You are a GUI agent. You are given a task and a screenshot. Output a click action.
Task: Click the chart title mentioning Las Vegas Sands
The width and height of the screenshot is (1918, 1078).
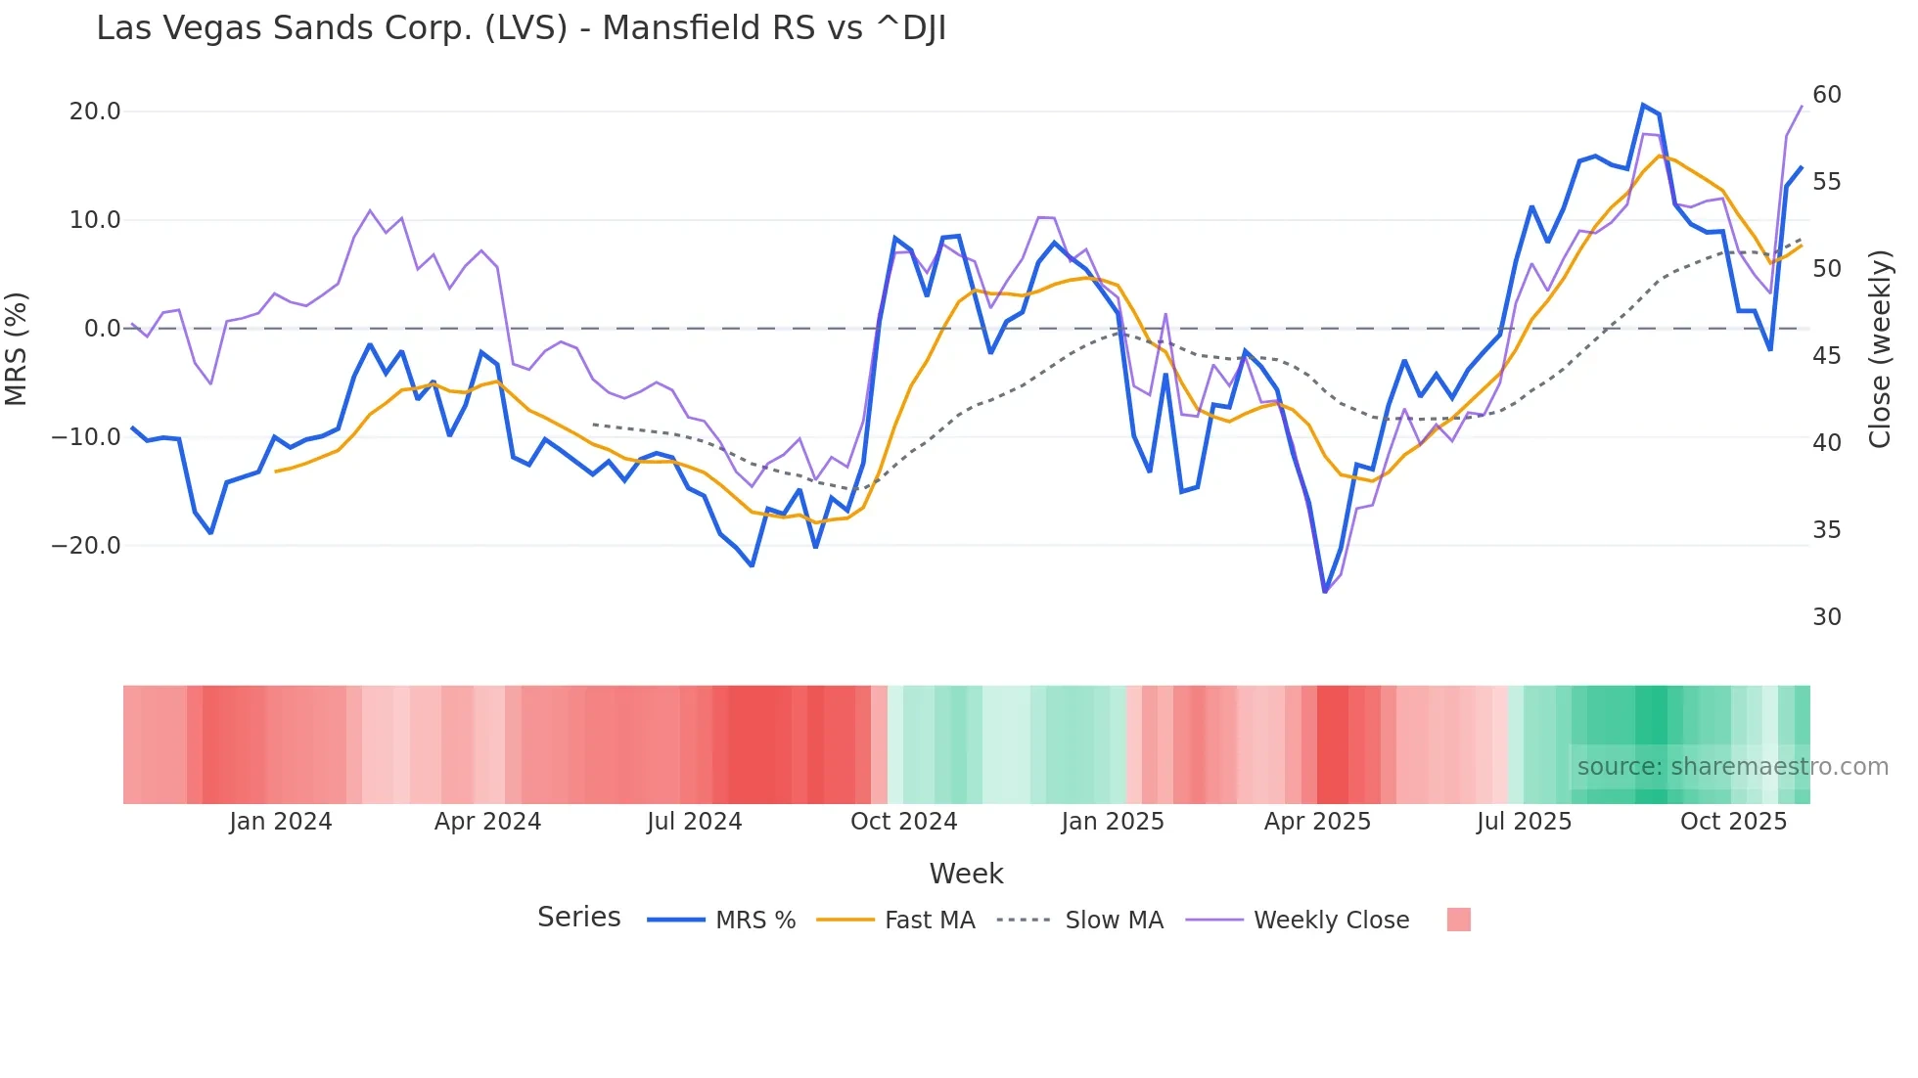521,28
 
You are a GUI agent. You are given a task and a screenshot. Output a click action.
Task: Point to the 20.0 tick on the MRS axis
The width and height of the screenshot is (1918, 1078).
95,112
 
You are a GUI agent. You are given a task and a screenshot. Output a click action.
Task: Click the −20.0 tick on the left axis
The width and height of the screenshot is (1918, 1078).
86,546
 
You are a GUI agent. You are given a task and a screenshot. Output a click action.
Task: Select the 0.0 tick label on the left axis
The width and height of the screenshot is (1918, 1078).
102,329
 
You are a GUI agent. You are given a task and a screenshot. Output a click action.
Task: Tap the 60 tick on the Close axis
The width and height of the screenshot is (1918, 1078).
1826,95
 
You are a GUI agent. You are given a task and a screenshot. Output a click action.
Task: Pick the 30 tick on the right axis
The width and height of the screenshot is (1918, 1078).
1826,617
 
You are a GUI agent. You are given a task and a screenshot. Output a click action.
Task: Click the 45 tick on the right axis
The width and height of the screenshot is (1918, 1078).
1826,356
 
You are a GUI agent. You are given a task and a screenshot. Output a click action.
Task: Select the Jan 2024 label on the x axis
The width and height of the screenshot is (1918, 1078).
281,822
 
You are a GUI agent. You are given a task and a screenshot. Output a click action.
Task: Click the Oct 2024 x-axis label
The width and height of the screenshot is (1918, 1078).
903,822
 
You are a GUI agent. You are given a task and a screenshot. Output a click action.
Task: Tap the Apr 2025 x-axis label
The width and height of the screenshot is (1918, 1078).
1317,822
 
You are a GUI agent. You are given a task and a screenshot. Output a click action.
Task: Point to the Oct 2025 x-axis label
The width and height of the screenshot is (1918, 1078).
1733,822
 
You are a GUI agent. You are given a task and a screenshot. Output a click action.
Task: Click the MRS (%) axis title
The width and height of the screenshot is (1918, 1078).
17,348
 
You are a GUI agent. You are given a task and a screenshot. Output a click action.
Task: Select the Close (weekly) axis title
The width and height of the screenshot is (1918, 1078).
1880,349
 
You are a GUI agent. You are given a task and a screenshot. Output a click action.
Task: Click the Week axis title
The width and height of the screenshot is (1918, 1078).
966,874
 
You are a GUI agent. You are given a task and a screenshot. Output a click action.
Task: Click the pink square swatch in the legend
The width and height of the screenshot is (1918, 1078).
1458,920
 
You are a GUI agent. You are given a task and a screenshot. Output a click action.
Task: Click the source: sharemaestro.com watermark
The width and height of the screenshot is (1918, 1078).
1732,767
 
